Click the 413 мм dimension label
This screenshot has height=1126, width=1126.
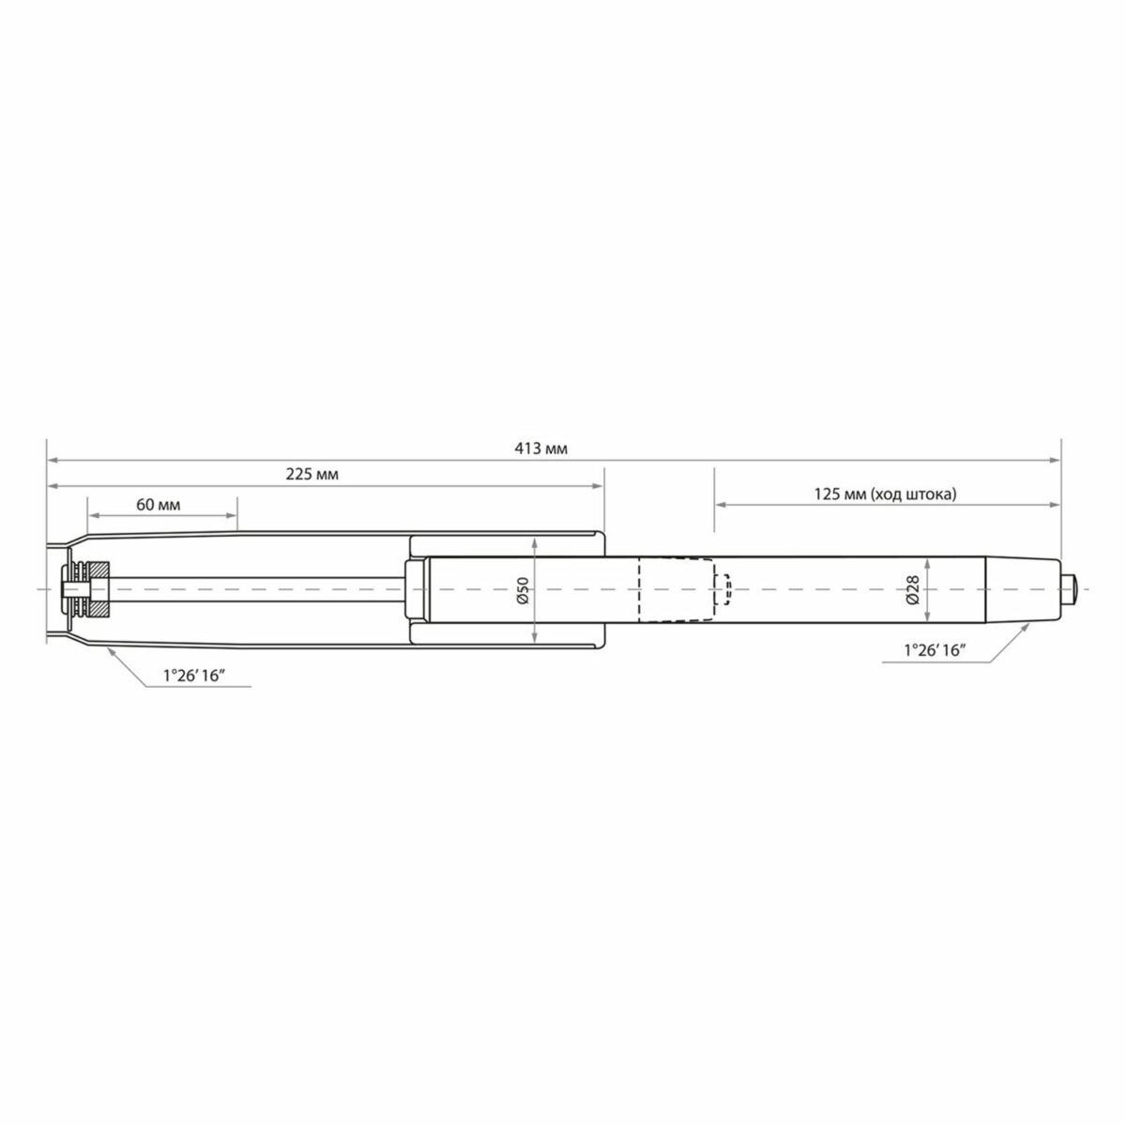pyautogui.click(x=542, y=449)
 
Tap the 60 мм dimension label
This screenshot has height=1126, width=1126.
pyautogui.click(x=158, y=504)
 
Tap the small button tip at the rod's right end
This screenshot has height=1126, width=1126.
pyautogui.click(x=1069, y=589)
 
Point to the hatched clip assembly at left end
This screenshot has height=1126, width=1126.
pyautogui.click(x=86, y=589)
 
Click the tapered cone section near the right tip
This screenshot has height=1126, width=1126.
pyautogui.click(x=1023, y=589)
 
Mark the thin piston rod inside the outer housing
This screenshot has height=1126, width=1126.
pyautogui.click(x=253, y=589)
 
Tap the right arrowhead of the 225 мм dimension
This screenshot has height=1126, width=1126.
pyautogui.click(x=599, y=486)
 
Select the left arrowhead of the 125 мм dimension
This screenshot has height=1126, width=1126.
pyautogui.click(x=722, y=504)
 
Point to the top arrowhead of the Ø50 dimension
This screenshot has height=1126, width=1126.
pyautogui.click(x=533, y=543)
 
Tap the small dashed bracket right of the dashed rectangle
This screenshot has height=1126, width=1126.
pyautogui.click(x=723, y=589)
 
